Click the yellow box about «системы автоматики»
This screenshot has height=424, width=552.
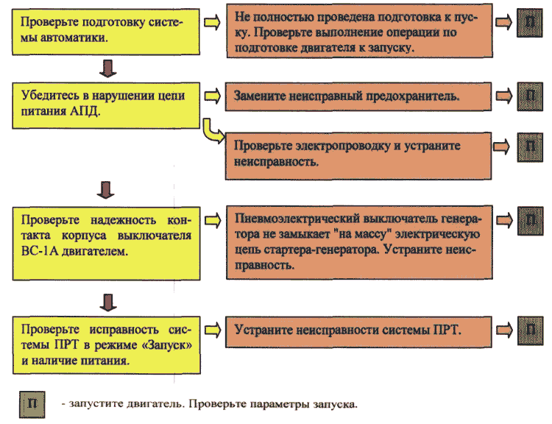click(x=106, y=32)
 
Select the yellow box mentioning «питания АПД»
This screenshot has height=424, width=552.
click(x=106, y=106)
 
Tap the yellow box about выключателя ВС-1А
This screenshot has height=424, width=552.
click(x=106, y=244)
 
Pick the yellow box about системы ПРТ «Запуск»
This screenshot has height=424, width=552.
click(x=107, y=344)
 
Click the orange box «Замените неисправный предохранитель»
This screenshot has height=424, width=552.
click(x=358, y=96)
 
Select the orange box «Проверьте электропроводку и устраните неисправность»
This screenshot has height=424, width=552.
click(x=358, y=156)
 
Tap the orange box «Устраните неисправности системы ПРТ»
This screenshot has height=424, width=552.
click(x=358, y=332)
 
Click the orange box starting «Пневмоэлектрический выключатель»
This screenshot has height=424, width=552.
click(x=359, y=242)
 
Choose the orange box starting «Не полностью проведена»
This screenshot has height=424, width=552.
click(x=359, y=31)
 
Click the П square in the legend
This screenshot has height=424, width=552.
click(x=32, y=405)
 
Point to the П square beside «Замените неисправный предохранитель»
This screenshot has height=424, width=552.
click(x=530, y=96)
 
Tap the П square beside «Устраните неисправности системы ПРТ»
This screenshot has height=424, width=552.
click(x=530, y=331)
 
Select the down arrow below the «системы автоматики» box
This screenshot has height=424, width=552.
click(x=107, y=68)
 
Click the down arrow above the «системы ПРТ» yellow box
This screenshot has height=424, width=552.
click(x=108, y=303)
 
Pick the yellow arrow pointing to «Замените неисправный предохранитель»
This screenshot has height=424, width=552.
click(x=212, y=96)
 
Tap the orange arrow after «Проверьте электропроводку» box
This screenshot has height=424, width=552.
click(x=501, y=146)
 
